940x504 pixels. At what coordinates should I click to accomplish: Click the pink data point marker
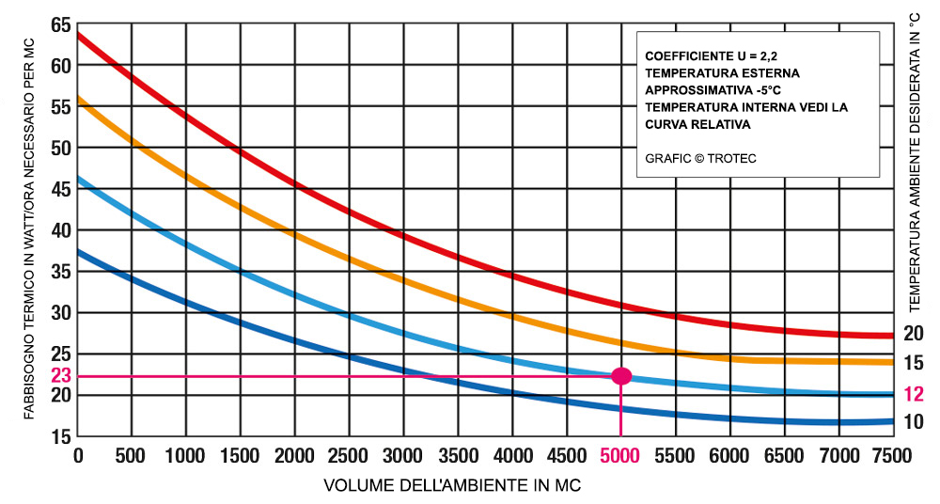coord(620,376)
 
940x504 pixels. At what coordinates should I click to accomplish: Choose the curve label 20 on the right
coord(914,333)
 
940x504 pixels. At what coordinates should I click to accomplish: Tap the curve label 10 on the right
coord(914,422)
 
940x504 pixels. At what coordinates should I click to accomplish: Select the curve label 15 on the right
coord(914,363)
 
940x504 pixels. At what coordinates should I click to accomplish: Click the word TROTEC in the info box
coord(730,159)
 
